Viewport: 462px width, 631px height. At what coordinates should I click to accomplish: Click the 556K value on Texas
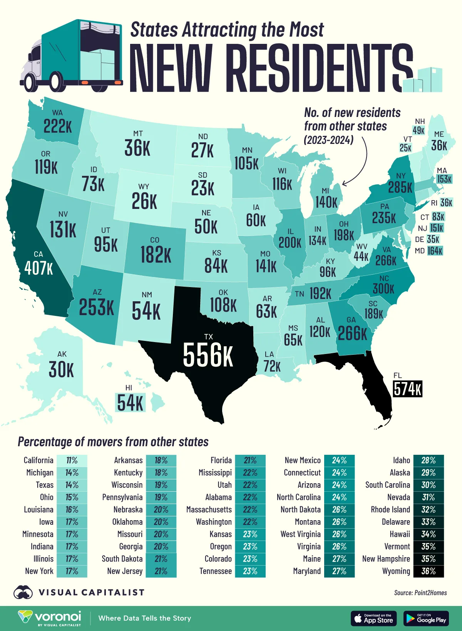point(208,355)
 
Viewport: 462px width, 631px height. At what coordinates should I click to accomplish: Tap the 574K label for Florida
point(408,389)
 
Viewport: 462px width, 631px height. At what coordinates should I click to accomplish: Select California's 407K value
point(38,268)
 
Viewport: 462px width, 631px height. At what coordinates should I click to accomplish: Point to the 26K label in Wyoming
point(144,201)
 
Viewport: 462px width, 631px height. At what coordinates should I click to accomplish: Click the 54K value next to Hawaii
point(131,403)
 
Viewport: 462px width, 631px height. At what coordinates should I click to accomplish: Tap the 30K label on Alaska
point(61,370)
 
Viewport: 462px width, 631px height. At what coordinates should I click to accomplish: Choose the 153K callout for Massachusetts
point(444,179)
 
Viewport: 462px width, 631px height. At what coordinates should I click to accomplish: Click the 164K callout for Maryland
point(435,251)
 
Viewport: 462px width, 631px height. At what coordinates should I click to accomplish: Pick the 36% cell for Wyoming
point(428,571)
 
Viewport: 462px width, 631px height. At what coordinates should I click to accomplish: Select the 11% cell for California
point(72,460)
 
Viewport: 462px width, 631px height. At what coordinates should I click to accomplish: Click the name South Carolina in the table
point(387,485)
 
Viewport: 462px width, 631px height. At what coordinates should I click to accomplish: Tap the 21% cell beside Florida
point(250,460)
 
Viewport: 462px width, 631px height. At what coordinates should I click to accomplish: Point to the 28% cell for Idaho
point(428,460)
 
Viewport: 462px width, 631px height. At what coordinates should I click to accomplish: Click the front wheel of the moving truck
point(29,82)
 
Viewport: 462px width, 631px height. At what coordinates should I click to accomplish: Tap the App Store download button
point(373,618)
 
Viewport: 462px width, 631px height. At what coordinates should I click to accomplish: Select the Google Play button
point(426,618)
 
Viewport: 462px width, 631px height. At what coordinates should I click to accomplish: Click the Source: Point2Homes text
point(420,593)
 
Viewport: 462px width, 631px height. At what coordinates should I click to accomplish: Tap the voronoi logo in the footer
point(50,618)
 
